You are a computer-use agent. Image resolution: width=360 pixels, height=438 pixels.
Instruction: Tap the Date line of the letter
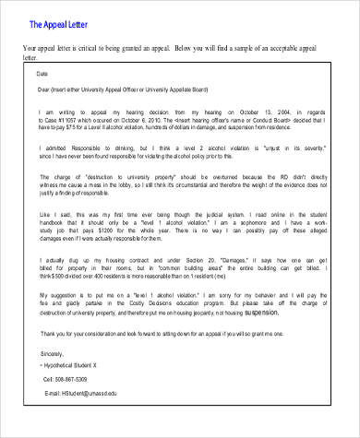(42, 73)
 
